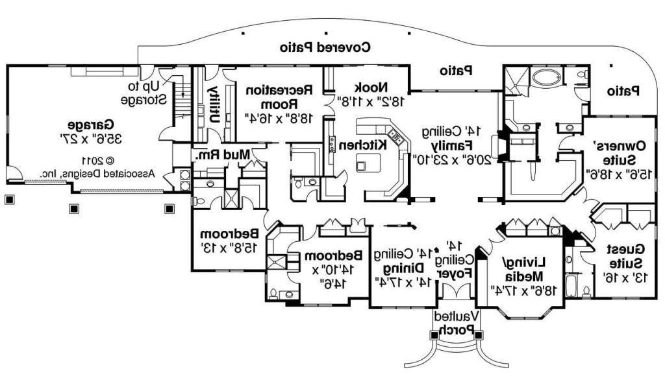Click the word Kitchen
(x=373, y=144)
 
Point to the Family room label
(x=455, y=145)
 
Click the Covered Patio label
(x=325, y=47)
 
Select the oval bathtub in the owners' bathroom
(x=544, y=79)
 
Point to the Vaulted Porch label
(x=456, y=323)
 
